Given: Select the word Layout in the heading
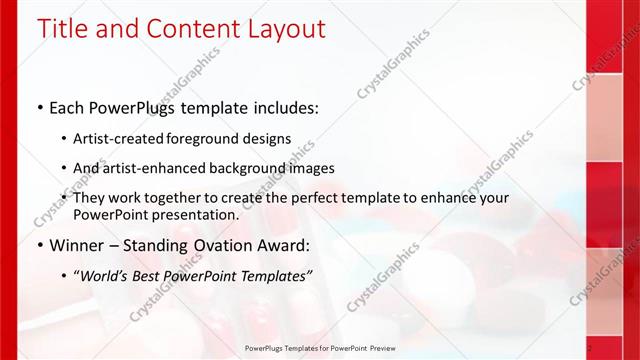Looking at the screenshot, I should (283, 29).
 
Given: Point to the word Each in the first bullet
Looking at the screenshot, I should (67, 106).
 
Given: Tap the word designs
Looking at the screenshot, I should (266, 139).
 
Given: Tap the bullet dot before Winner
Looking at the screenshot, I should (39, 245).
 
